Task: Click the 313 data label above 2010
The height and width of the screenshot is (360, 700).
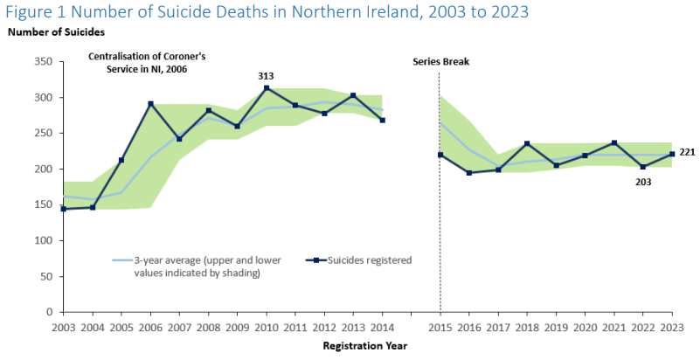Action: pyautogui.click(x=266, y=76)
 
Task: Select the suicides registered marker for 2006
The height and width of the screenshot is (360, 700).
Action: pyautogui.click(x=151, y=104)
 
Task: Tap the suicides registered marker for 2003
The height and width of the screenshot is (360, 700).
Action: pyautogui.click(x=63, y=209)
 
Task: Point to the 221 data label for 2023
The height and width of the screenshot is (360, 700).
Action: pyautogui.click(x=687, y=152)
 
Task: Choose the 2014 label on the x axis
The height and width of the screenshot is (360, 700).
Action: pyautogui.click(x=383, y=327)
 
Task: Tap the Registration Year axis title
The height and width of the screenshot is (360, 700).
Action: pyautogui.click(x=365, y=345)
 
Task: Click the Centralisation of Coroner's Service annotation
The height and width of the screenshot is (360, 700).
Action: pyautogui.click(x=139, y=62)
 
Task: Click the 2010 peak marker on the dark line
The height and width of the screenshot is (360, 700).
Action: pyautogui.click(x=266, y=88)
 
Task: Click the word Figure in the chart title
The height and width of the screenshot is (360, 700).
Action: pyautogui.click(x=31, y=12)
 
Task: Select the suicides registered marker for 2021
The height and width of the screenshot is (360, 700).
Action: pyautogui.click(x=614, y=142)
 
